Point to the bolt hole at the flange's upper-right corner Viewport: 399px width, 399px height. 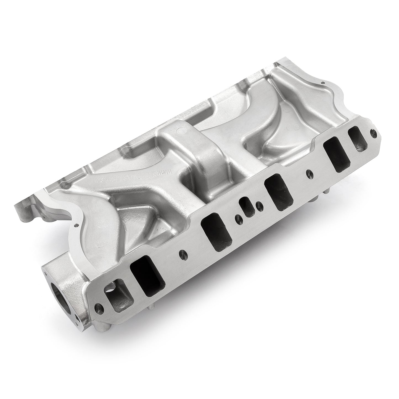click(x=373, y=133)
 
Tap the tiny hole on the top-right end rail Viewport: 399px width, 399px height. click(x=322, y=83)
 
